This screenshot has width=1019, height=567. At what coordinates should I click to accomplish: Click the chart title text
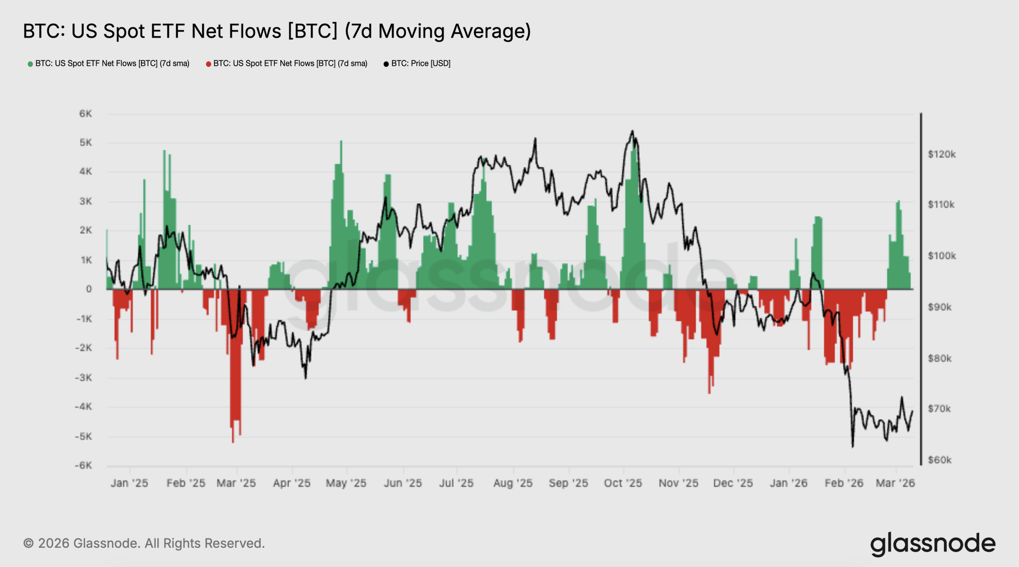pos(277,31)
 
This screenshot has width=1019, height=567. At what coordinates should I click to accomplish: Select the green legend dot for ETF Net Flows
pos(30,64)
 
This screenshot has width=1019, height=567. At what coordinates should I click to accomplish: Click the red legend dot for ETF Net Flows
pos(209,64)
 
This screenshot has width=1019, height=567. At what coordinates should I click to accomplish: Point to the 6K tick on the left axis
pos(85,114)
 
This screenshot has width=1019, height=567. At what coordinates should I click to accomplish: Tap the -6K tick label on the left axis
pos(83,465)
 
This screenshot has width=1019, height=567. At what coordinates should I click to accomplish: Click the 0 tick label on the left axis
pos(89,289)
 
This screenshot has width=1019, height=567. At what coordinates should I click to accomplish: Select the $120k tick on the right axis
pos(941,154)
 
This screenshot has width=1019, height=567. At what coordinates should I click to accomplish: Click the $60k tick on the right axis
pos(939,460)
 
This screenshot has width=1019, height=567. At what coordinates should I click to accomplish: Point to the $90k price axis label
pos(939,307)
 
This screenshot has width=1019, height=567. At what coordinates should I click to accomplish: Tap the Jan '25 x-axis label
pos(129,483)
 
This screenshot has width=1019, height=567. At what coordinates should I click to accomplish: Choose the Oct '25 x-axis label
pos(623,483)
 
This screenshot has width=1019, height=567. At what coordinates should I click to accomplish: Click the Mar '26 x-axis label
pos(895,483)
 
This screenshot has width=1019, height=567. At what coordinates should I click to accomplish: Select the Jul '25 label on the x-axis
pos(456,483)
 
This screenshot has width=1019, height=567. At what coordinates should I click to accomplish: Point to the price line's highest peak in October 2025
pos(632,131)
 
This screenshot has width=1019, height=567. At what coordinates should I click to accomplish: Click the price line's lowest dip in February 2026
pos(853,446)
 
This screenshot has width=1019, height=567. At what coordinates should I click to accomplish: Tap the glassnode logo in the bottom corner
pos(933,543)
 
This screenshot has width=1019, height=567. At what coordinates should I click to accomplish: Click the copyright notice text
pos(144,543)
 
